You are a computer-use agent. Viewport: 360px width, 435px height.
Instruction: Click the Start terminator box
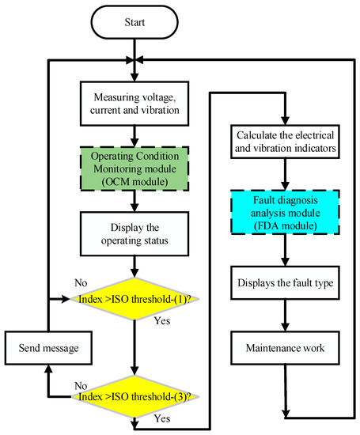(135, 22)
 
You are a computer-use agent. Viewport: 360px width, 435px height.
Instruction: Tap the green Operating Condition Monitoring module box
(135, 170)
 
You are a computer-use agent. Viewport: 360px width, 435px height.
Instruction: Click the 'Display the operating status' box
(135, 235)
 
